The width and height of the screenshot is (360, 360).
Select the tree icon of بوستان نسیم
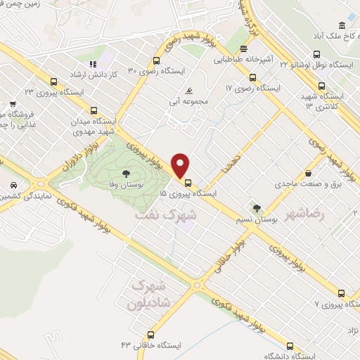[x=257, y=207]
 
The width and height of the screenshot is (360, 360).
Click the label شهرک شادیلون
[x=148, y=296]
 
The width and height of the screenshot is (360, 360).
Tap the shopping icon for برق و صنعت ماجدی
[x=308, y=173]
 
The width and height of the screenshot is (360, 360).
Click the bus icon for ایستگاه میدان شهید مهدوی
[x=94, y=110]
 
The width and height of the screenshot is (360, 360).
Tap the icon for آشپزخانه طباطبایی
[x=243, y=49]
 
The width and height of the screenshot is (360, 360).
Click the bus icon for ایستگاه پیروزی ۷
[x=341, y=294]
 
